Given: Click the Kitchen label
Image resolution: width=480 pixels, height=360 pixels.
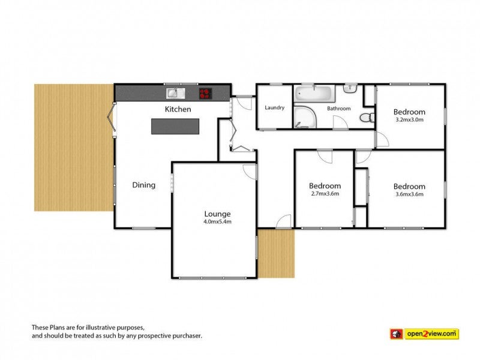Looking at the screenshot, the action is [178, 109].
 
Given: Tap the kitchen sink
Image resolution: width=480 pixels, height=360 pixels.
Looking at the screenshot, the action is [176, 94].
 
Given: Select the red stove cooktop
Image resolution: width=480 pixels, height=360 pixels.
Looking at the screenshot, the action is [206, 94].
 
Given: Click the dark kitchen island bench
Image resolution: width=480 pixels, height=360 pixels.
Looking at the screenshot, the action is [175, 127].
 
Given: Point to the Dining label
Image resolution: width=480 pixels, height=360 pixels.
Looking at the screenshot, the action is [143, 185].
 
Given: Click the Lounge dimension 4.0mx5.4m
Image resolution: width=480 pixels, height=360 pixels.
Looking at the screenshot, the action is [217, 221].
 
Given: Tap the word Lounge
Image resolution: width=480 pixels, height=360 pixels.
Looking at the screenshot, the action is [217, 214].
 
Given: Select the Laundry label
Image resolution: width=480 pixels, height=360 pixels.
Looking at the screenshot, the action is [275, 107].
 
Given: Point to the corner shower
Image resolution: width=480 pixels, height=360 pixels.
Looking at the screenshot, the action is [305, 117].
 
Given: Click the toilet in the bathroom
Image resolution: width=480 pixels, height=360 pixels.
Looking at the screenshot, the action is [367, 118].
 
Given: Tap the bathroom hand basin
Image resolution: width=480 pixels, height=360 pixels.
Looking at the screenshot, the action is [350, 88].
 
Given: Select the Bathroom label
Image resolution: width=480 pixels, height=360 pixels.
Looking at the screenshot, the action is [338, 109].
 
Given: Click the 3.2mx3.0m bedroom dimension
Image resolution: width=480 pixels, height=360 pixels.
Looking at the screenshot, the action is [410, 119].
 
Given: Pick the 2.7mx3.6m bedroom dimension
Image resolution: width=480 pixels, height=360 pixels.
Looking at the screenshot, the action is [325, 193].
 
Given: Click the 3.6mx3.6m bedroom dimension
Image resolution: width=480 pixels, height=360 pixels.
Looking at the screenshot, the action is [410, 194].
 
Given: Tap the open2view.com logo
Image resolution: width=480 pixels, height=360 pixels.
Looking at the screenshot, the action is [424, 334].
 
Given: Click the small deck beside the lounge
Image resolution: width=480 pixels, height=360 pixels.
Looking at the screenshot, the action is [276, 253].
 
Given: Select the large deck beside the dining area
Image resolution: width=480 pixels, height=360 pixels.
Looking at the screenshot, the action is [74, 148].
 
